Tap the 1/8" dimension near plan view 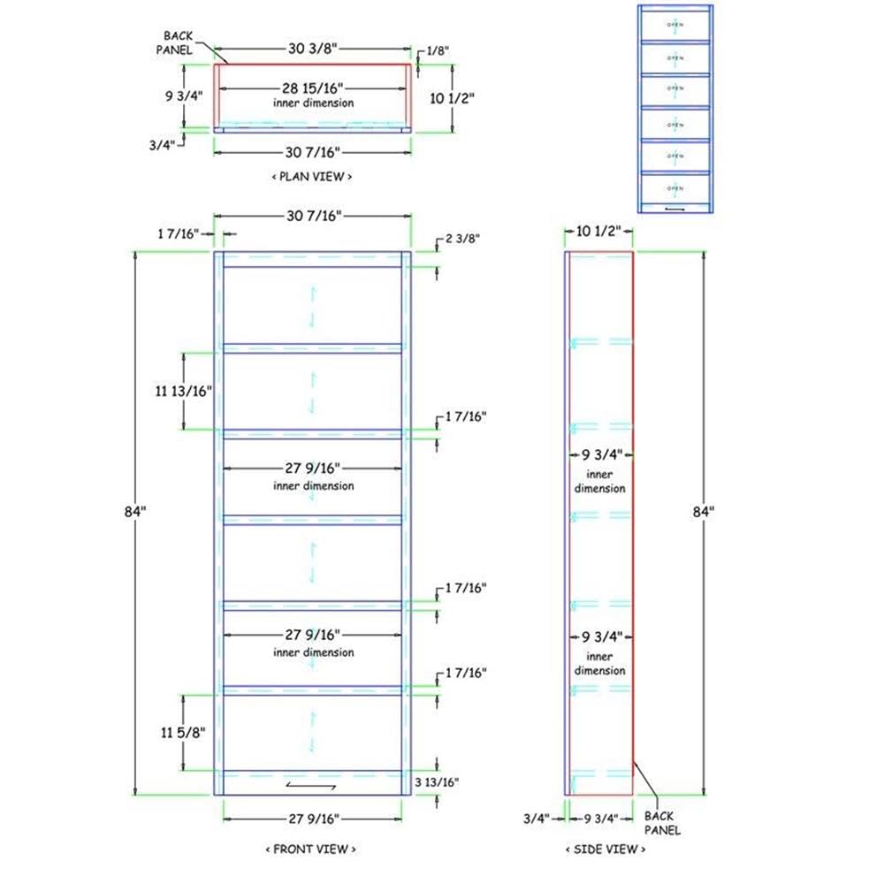click(437, 51)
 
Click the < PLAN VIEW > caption click(312, 177)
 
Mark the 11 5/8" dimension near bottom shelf click(183, 732)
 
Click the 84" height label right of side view click(704, 510)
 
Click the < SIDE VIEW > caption click(606, 849)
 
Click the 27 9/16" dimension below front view click(312, 818)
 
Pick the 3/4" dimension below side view click(538, 818)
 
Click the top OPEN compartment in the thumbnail click(675, 24)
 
